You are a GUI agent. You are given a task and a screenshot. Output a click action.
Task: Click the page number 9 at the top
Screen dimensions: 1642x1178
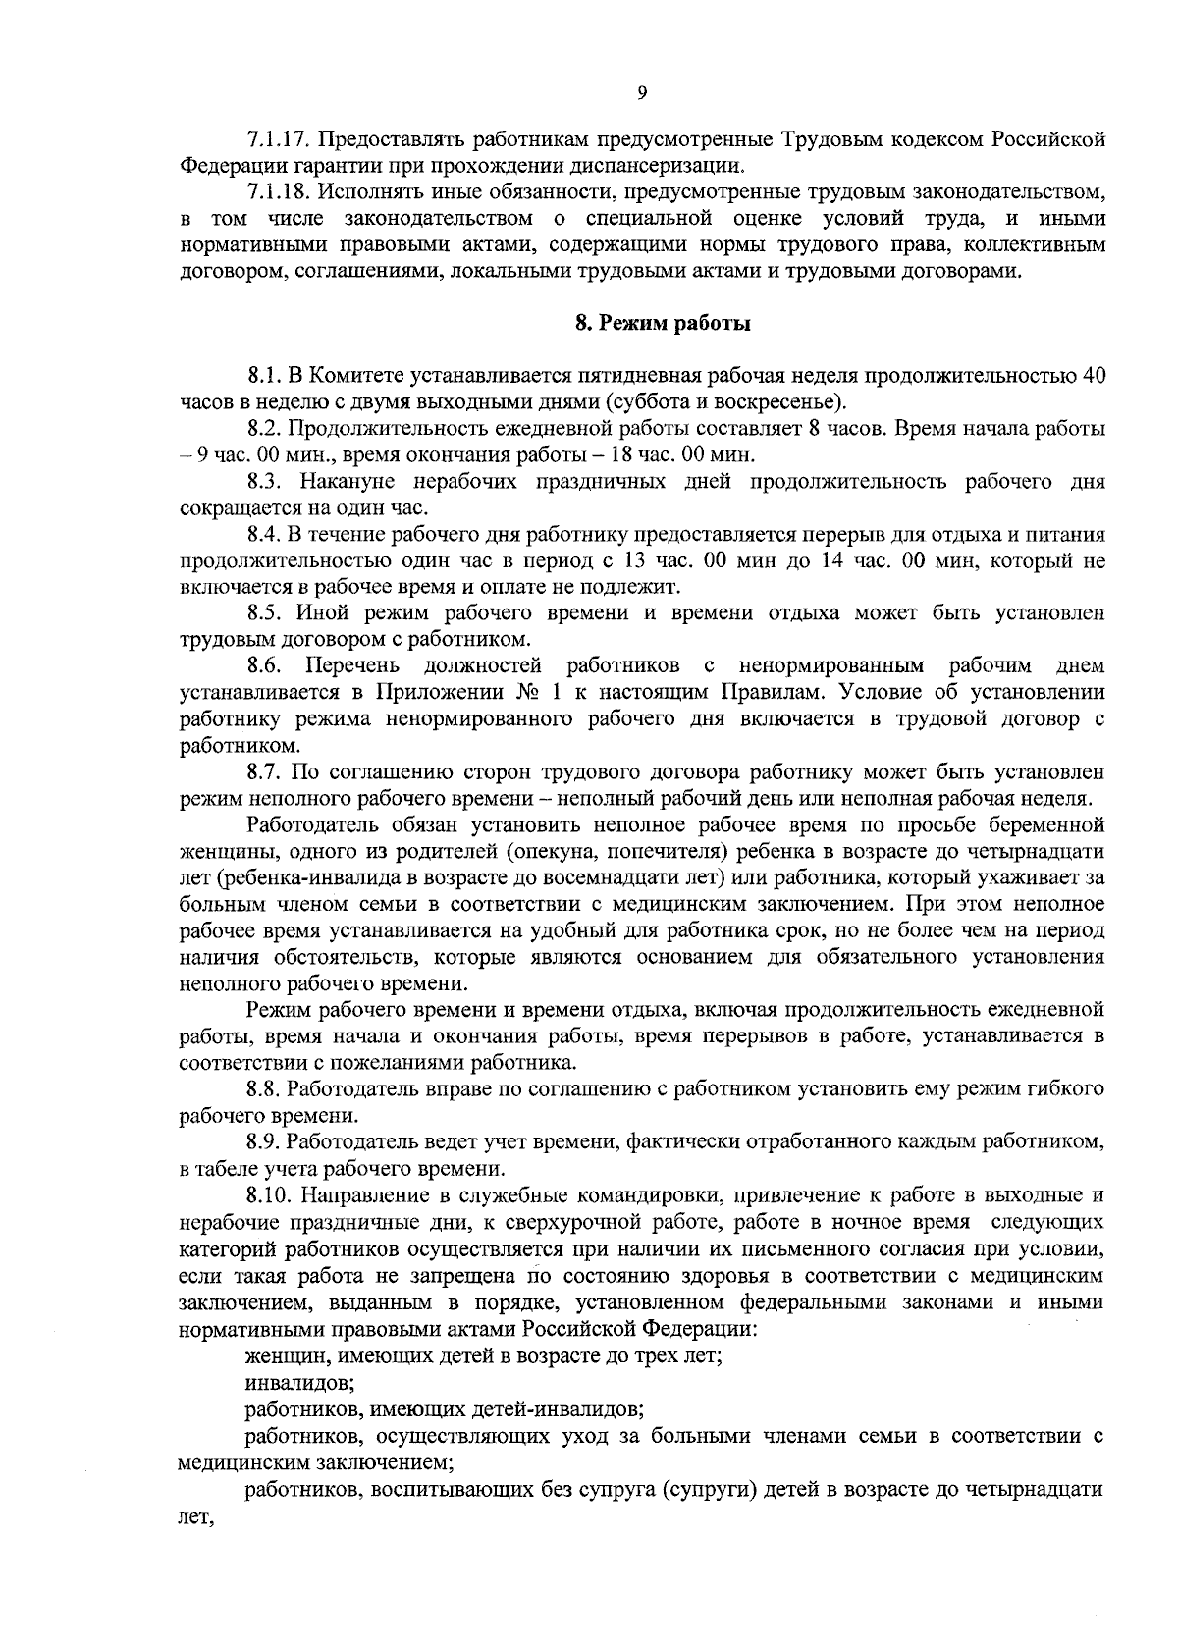642,93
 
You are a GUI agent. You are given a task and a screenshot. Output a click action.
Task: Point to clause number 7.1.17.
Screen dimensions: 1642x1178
278,137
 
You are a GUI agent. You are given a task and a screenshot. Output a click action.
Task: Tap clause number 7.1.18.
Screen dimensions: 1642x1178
278,190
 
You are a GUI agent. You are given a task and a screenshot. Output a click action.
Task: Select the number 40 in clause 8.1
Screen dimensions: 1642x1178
1093,376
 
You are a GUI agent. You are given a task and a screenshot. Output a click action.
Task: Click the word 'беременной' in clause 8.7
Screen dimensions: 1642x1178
1045,824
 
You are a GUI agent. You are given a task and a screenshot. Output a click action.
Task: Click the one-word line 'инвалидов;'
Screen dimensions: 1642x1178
298,1382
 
